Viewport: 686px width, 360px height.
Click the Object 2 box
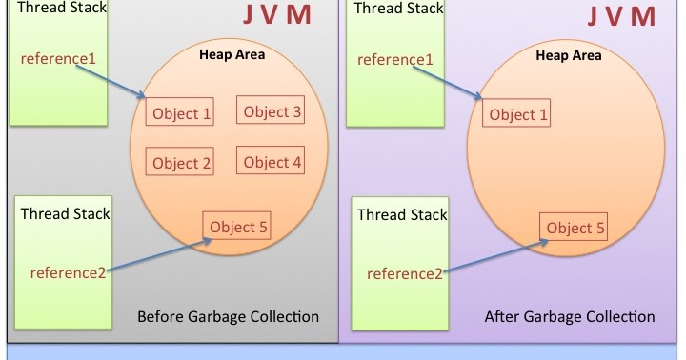[181, 163]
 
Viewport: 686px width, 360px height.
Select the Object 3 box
[272, 112]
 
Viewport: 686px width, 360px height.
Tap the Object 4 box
[272, 162]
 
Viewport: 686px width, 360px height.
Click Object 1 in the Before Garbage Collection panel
[181, 114]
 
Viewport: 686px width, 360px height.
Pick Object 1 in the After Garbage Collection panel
[518, 115]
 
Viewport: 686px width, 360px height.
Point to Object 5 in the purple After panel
[575, 228]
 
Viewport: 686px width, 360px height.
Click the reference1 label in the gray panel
[58, 59]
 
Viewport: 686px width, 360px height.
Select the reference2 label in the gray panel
[69, 273]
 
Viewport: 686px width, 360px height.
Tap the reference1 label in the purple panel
[395, 60]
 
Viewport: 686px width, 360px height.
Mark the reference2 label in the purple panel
[405, 274]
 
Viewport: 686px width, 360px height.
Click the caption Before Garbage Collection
[228, 316]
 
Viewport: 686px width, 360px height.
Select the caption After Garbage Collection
[570, 316]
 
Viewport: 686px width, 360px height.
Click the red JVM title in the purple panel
[620, 17]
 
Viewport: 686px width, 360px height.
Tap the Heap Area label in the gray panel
[232, 54]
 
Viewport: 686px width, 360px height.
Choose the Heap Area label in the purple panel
[569, 55]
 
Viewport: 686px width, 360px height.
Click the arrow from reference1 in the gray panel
[119, 79]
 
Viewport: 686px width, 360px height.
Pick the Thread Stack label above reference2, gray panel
[65, 213]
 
